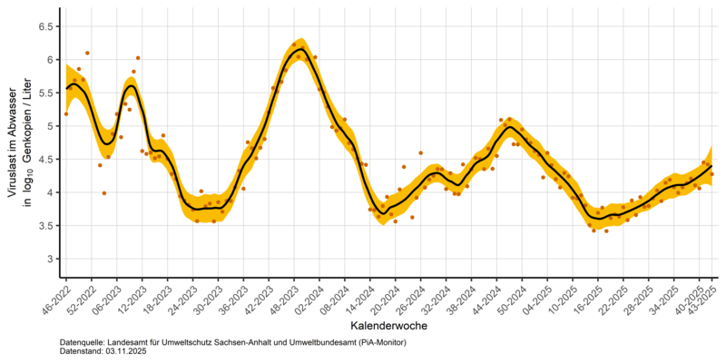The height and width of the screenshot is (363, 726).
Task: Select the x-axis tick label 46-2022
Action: (53, 299)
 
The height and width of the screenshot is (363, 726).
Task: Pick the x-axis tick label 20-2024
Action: (388, 299)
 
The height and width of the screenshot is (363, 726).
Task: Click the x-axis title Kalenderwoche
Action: (387, 324)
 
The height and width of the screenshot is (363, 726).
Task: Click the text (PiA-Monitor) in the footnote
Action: (374, 341)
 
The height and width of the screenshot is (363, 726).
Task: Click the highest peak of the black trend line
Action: (299, 48)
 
